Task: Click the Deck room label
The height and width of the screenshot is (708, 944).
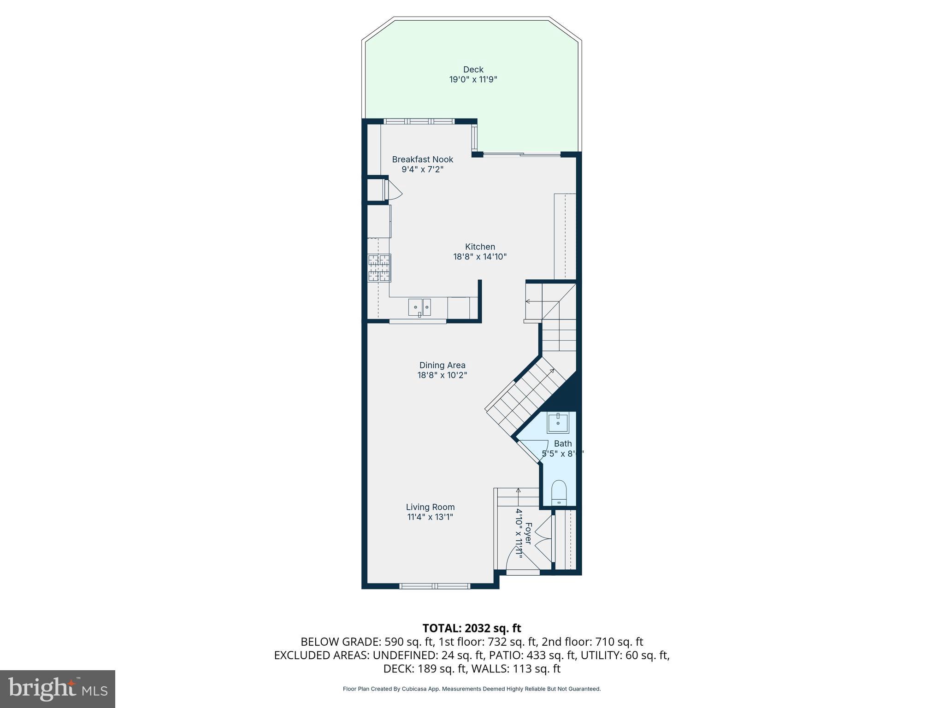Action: pos(473,70)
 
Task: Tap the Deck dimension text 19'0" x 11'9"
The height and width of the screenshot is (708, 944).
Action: pos(473,80)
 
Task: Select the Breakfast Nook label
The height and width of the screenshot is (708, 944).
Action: pos(422,159)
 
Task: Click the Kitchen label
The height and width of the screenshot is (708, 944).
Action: pos(480,247)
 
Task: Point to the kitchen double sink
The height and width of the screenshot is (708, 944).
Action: pos(419,307)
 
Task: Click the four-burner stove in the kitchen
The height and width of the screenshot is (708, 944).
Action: pos(379,268)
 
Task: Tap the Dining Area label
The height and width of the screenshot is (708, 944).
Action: pos(442,365)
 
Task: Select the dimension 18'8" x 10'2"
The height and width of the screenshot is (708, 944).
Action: pos(442,375)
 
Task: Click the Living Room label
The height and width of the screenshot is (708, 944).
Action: pos(430,507)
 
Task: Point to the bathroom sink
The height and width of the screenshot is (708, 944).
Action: pos(558,422)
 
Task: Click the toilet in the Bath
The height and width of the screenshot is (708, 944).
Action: pos(559,492)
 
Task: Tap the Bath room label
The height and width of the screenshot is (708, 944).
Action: pos(563,443)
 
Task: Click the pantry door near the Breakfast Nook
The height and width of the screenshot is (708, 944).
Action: pos(393,189)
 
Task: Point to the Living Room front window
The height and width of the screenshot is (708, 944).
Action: pos(435,586)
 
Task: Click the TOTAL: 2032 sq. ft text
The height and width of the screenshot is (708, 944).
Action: pos(472,628)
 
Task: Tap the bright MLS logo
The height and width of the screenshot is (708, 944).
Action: pos(58,689)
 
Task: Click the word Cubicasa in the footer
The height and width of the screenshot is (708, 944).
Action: pos(413,689)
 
